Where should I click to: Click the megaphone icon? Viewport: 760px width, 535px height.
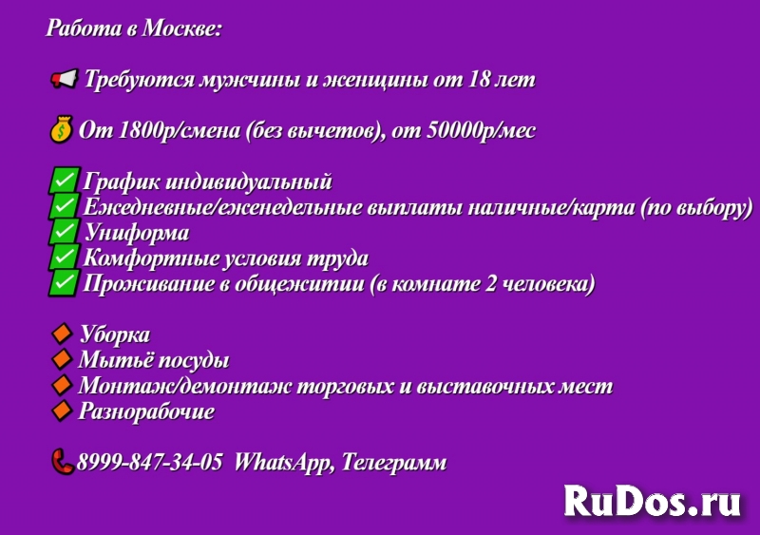(x=64, y=80)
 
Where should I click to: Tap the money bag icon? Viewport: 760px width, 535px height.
(x=60, y=129)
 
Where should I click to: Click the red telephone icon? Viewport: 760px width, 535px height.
(x=63, y=462)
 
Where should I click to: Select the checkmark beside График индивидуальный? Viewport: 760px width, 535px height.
(x=64, y=181)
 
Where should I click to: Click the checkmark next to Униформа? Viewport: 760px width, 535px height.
(x=64, y=232)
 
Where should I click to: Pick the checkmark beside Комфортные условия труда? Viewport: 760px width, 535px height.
(x=64, y=258)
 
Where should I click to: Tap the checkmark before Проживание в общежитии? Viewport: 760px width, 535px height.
(x=64, y=283)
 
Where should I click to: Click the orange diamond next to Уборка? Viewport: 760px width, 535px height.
(x=62, y=334)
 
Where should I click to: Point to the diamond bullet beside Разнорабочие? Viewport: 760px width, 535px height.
(x=62, y=411)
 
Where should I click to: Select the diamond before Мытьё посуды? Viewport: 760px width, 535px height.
(x=62, y=359)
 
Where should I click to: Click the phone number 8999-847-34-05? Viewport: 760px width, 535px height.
(x=150, y=463)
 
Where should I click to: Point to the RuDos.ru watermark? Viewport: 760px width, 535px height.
(x=652, y=498)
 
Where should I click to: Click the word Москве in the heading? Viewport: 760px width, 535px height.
(x=181, y=29)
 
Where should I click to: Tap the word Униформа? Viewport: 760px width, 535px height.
(x=136, y=233)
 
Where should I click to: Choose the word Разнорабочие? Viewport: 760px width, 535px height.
(x=146, y=411)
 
